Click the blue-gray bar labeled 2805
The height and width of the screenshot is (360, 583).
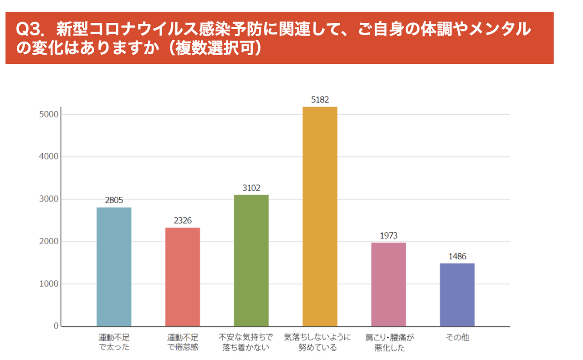(114, 267)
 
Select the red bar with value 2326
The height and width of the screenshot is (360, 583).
(182, 277)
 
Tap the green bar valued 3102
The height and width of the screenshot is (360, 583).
(251, 260)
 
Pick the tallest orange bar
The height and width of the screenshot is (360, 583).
(320, 216)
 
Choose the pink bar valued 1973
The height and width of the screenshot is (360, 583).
(389, 284)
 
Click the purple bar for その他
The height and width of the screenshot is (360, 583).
(457, 294)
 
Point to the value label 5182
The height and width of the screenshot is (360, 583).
(320, 100)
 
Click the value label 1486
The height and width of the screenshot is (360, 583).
(457, 257)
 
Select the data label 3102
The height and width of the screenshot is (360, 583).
(251, 188)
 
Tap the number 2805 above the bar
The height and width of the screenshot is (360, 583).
(114, 201)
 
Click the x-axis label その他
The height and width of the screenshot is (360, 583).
(457, 338)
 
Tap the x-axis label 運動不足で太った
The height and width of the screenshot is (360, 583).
(114, 343)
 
